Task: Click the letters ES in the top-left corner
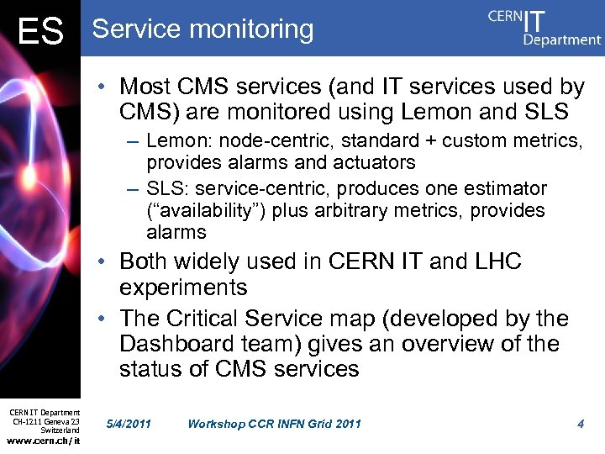[x=40, y=32]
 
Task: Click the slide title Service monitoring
[x=203, y=29]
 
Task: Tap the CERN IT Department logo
[x=544, y=27]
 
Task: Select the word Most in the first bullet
[x=145, y=87]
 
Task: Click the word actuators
[x=375, y=162]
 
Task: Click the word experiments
[x=183, y=288]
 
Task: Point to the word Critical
[x=211, y=319]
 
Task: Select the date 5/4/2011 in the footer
[x=129, y=424]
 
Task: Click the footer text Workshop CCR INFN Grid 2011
[x=274, y=424]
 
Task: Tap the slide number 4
[x=581, y=424]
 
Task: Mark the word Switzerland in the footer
[x=60, y=430]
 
